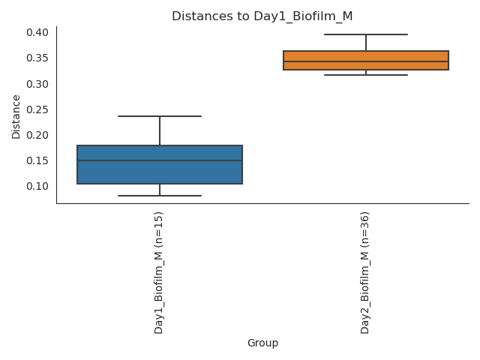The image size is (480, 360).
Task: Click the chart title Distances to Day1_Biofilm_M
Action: click(x=262, y=16)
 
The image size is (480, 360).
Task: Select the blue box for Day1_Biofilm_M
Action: click(x=160, y=172)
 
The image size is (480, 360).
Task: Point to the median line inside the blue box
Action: click(x=160, y=160)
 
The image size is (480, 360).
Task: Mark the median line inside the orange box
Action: click(x=366, y=62)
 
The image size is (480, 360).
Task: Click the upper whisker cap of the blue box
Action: click(x=160, y=116)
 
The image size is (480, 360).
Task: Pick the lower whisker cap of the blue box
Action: click(x=160, y=196)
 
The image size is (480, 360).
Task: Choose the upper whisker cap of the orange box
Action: click(x=366, y=34)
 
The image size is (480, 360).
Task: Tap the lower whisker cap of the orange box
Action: click(x=366, y=75)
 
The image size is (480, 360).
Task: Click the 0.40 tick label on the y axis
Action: click(x=38, y=32)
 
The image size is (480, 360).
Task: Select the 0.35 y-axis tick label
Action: click(x=38, y=58)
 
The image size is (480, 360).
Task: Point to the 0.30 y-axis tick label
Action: click(x=38, y=84)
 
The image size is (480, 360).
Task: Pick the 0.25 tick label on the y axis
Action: click(x=38, y=109)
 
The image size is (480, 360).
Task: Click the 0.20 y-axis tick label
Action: click(x=38, y=135)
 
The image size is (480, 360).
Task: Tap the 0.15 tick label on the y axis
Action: click(x=38, y=160)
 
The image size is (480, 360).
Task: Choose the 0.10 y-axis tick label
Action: click(x=38, y=186)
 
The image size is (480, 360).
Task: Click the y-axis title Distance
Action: click(x=16, y=116)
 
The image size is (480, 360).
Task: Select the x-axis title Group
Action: click(x=262, y=343)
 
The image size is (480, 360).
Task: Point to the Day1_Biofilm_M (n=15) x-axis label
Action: click(x=159, y=272)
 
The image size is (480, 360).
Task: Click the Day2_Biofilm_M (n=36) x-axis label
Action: click(x=365, y=272)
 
